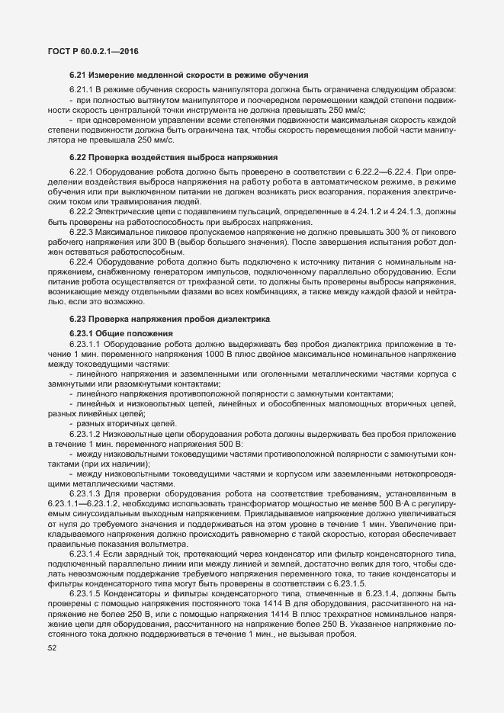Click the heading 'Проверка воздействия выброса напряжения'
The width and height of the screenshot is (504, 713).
pos(172,157)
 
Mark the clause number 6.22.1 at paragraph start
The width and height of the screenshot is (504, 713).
pos(80,169)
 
